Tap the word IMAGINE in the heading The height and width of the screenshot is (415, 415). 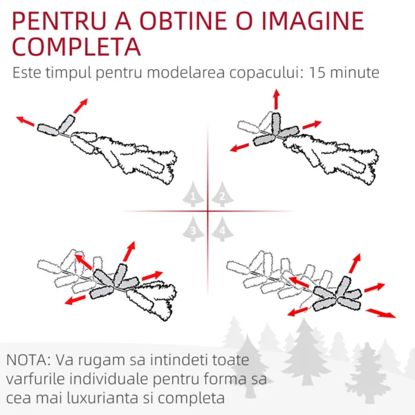coord(313,21)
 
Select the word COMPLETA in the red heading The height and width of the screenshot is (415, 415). coord(76,46)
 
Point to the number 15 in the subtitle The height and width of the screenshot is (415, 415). coord(317,72)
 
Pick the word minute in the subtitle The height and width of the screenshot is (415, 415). coord(355,72)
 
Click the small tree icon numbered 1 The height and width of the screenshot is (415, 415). coord(193,194)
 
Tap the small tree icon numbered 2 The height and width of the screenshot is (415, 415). coord(222,194)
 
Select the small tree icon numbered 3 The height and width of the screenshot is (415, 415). coord(193,229)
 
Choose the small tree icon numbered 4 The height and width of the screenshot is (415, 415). coord(222,229)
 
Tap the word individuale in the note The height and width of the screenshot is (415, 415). coord(109,379)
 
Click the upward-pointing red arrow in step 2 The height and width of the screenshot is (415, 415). coord(276,99)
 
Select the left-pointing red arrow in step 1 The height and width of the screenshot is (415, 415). coord(25,121)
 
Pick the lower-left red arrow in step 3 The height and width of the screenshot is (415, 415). coord(75,300)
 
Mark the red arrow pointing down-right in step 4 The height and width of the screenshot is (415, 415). coord(381,313)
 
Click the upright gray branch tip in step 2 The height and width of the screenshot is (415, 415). coord(276,124)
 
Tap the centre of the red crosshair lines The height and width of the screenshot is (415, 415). coord(207,211)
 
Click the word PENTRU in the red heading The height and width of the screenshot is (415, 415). coord(59,21)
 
